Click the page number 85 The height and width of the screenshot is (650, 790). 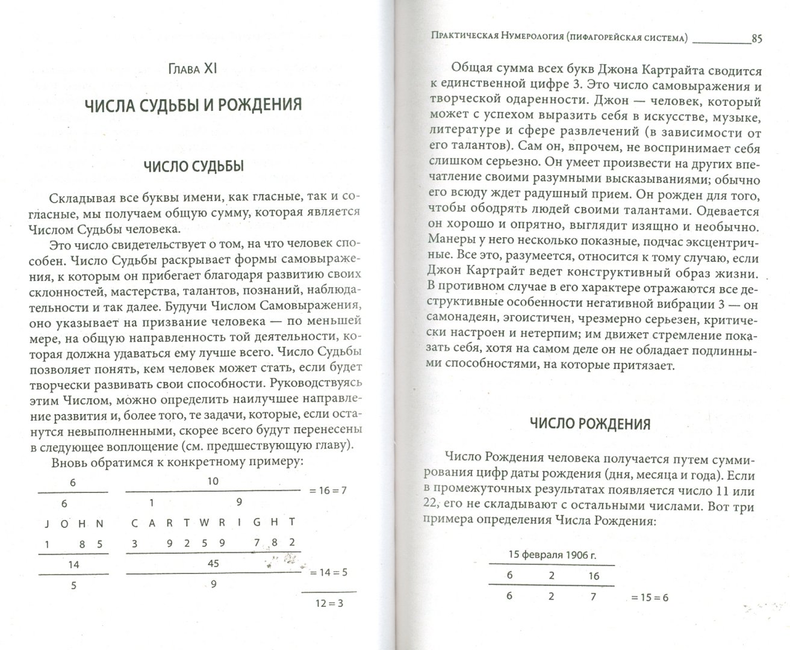coord(757,39)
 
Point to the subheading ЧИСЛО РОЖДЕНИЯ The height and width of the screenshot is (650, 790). coord(589,424)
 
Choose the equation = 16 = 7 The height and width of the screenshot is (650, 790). coord(328,491)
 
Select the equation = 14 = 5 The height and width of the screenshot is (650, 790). coord(329,572)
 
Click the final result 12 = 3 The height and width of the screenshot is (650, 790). coord(331,604)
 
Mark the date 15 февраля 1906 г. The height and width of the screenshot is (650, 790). coord(552,554)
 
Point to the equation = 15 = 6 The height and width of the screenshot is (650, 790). coord(649,598)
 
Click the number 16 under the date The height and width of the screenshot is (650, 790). coord(594,575)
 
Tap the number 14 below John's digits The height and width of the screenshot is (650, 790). coord(73,565)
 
